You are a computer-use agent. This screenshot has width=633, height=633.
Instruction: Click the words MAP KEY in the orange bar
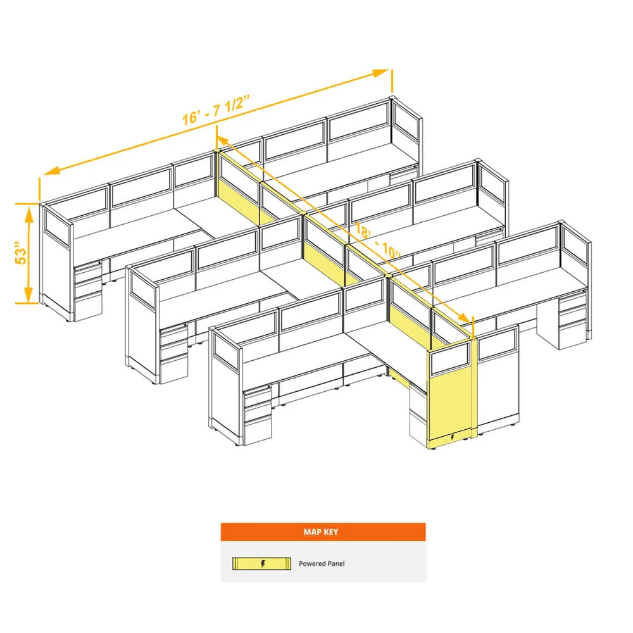[321, 532]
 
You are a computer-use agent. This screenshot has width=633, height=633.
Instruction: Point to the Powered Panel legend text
[322, 563]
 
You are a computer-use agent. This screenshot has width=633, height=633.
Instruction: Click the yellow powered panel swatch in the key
[261, 563]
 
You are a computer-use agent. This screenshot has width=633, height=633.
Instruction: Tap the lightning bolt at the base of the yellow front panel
[452, 437]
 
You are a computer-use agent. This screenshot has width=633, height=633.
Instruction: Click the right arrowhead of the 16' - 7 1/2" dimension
[380, 73]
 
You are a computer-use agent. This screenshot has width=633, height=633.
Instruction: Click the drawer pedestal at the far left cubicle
[87, 291]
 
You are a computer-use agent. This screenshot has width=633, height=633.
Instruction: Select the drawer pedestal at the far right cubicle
[572, 321]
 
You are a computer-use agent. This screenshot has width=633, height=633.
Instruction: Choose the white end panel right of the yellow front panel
[498, 379]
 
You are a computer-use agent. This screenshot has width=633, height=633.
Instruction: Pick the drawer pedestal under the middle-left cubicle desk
[174, 354]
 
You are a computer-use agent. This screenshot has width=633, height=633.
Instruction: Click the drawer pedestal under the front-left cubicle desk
[258, 415]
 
